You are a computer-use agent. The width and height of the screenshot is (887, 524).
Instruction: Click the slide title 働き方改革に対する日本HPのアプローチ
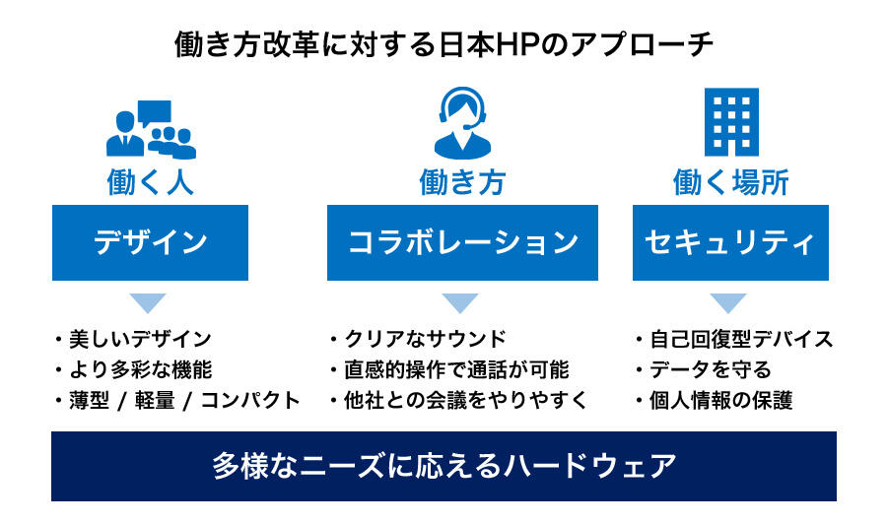tap(443, 44)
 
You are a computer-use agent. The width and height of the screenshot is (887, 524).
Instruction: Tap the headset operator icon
tap(462, 123)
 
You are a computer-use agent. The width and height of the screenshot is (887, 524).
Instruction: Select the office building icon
tap(731, 122)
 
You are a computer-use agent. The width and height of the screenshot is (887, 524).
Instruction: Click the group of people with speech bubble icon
tap(151, 129)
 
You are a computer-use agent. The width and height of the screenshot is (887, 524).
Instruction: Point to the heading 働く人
tap(151, 182)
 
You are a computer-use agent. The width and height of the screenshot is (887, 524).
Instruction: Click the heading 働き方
tap(462, 182)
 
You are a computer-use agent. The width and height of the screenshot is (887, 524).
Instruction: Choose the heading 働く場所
tap(731, 182)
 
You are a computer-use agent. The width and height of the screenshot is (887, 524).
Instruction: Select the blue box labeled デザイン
tap(150, 242)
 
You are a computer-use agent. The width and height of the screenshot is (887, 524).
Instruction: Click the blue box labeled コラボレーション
tap(462, 242)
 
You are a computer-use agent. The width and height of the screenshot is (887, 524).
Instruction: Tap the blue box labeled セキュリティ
tap(730, 242)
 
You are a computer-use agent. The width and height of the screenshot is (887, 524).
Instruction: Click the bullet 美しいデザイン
tap(140, 339)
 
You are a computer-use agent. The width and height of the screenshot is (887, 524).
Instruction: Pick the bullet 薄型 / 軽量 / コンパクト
tap(184, 400)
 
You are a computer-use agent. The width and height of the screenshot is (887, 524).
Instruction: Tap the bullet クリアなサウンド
tap(425, 339)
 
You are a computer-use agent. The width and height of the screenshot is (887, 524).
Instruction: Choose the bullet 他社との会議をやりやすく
tap(466, 400)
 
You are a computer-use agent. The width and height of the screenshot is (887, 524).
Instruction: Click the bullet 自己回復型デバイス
tap(741, 339)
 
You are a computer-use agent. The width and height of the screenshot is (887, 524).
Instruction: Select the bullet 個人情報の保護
tap(720, 400)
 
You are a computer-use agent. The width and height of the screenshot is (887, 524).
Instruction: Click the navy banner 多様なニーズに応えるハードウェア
tap(443, 466)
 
